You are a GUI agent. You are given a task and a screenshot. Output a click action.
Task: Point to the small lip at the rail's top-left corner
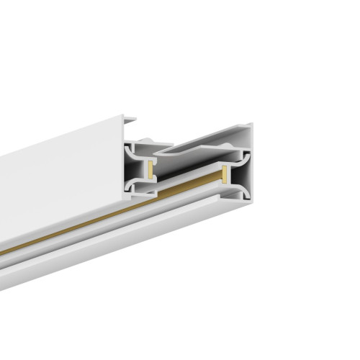(130, 117)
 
